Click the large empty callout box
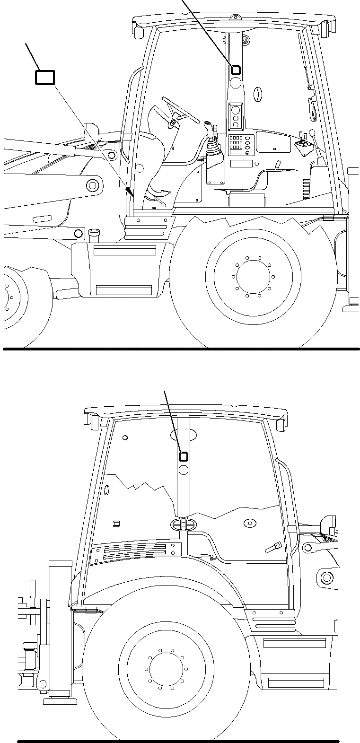[45, 78]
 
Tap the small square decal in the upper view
[235, 70]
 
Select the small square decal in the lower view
[183, 456]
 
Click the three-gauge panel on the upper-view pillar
[236, 116]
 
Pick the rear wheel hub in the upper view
[253, 276]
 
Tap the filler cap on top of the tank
[93, 232]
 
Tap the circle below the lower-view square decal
[183, 469]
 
